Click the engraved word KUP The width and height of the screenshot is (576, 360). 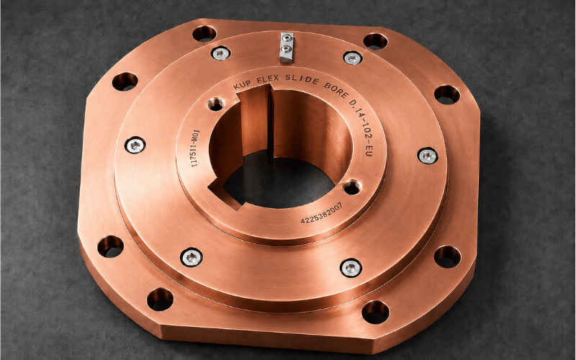click(x=243, y=84)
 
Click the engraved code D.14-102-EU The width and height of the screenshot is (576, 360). click(x=363, y=127)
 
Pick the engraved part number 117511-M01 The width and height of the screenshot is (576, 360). click(x=194, y=148)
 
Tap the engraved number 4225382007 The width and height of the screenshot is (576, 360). click(x=321, y=213)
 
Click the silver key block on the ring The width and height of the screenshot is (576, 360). click(x=287, y=48)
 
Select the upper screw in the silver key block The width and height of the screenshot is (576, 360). click(x=287, y=37)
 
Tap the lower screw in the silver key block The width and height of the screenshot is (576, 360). click(x=287, y=48)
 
